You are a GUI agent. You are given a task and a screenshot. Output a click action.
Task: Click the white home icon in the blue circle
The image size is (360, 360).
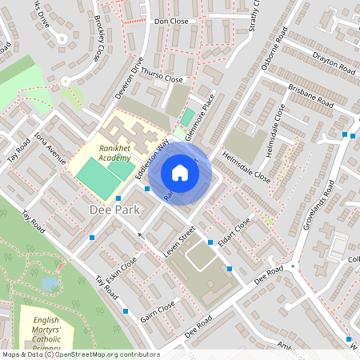(180, 173)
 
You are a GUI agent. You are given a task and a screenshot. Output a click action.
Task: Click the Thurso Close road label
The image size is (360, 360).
(162, 75)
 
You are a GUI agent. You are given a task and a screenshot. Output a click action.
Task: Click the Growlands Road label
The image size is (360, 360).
(318, 206)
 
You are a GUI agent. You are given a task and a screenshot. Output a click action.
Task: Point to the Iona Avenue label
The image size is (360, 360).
(50, 147)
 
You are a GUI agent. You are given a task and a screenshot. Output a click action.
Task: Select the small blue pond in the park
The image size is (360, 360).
(50, 282)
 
